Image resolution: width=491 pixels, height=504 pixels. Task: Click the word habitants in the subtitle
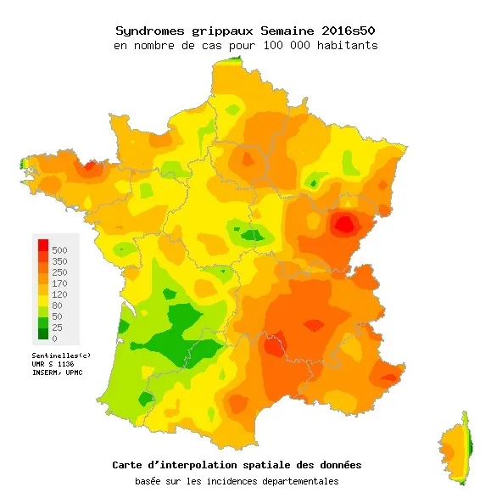347,44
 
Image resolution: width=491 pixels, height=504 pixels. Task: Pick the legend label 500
59,250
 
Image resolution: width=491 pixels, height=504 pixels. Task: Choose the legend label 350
59,261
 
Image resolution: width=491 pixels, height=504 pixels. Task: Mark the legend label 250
59,272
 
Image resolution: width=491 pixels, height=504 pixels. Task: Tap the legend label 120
59,294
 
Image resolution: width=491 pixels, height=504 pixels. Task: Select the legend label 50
57,316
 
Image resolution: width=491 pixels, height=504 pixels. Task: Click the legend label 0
54,338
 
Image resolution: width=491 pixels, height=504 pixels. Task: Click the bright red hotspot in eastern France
343,225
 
